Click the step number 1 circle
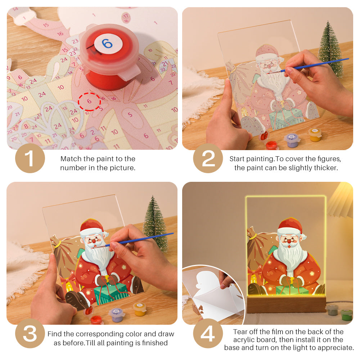(30, 158)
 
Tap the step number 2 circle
(208, 158)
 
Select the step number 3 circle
(30, 334)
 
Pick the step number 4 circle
(208, 334)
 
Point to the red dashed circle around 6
(89, 102)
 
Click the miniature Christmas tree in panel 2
(330, 49)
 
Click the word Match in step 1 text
(71, 159)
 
